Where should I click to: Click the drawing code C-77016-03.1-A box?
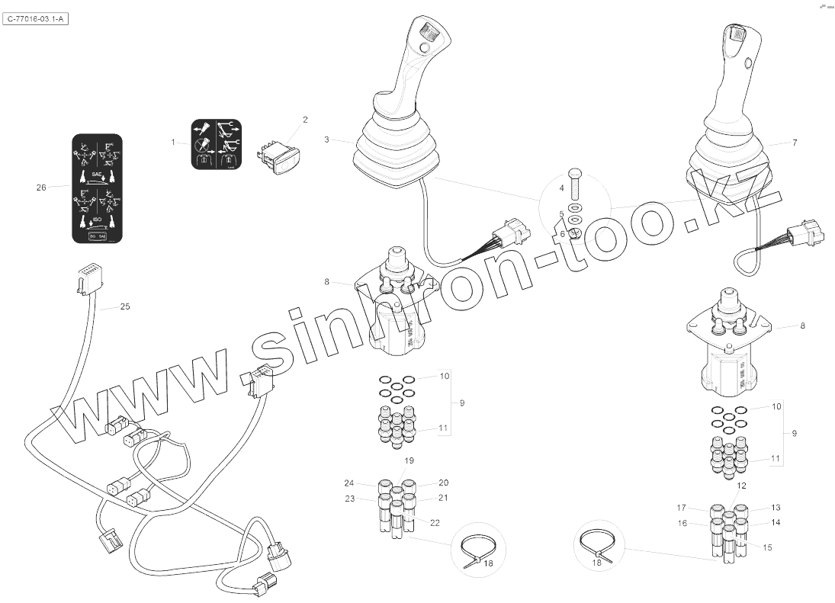click(37, 19)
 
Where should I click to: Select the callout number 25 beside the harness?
click(126, 307)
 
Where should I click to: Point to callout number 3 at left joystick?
click(326, 140)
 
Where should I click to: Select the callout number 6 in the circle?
click(563, 234)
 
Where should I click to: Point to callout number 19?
click(409, 461)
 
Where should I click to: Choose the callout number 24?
click(348, 483)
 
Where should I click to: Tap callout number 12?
click(740, 486)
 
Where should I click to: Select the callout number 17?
click(682, 508)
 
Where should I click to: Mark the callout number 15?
click(767, 547)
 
